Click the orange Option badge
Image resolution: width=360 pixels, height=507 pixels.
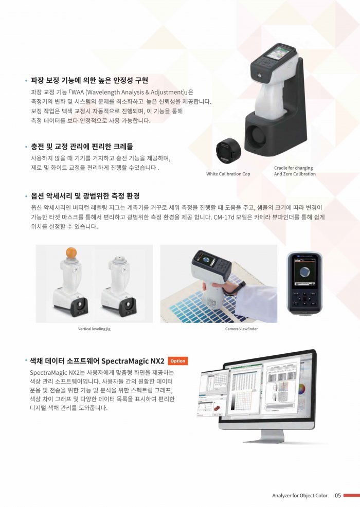pyautogui.click(x=177, y=361)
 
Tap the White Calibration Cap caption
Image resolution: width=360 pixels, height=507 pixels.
pyautogui.click(x=228, y=174)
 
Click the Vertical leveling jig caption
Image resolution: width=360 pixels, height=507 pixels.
pyautogui.click(x=94, y=329)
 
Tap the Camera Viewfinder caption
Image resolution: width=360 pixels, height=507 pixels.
pyautogui.click(x=241, y=329)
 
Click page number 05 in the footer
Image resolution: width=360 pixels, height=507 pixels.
pyautogui.click(x=338, y=495)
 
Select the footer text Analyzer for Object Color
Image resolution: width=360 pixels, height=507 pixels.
pyautogui.click(x=299, y=495)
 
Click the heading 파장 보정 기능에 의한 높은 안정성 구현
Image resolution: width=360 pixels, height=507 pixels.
pyautogui.click(x=89, y=80)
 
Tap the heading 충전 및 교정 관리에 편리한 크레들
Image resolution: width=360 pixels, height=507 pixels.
pyautogui.click(x=82, y=147)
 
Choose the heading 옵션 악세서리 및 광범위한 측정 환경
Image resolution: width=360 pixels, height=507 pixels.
pyautogui.click(x=85, y=196)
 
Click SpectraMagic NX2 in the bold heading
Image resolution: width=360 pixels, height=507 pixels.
pyautogui.click(x=133, y=361)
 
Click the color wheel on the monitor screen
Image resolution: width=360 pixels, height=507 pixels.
pyautogui.click(x=302, y=389)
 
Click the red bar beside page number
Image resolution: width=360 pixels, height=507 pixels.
pyautogui.click(x=352, y=495)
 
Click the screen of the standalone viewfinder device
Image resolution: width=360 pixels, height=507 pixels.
pyautogui.click(x=304, y=273)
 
